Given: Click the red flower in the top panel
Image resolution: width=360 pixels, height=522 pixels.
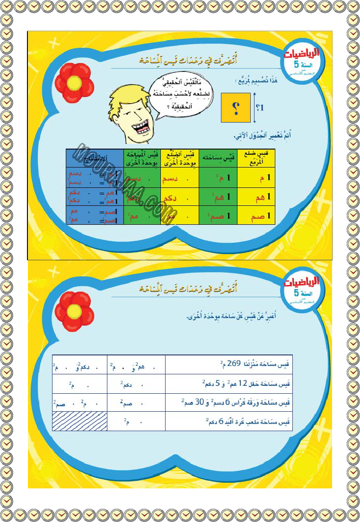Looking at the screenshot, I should tap(74, 82).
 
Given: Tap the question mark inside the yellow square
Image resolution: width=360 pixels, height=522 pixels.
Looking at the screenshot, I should tap(235, 107).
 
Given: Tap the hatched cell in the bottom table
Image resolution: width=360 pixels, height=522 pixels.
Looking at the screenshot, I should tap(80, 421).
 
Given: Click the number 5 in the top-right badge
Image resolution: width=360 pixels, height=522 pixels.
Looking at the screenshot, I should tap(296, 64).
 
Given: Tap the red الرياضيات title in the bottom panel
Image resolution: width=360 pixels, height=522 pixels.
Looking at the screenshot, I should tap(301, 281).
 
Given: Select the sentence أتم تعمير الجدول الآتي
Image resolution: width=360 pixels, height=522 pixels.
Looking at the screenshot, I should tap(260, 136).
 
